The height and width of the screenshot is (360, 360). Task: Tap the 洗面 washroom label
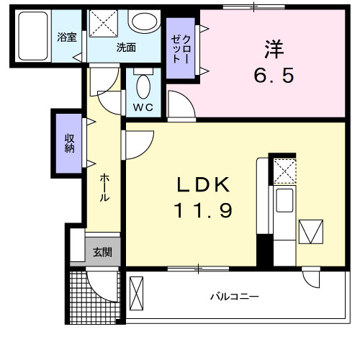[x=127, y=48]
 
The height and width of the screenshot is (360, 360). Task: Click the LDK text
[x=204, y=186]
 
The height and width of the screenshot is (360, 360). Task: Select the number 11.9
[x=204, y=212]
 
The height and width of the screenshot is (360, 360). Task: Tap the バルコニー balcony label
[x=235, y=297]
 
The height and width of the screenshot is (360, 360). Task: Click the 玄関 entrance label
[x=102, y=252]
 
